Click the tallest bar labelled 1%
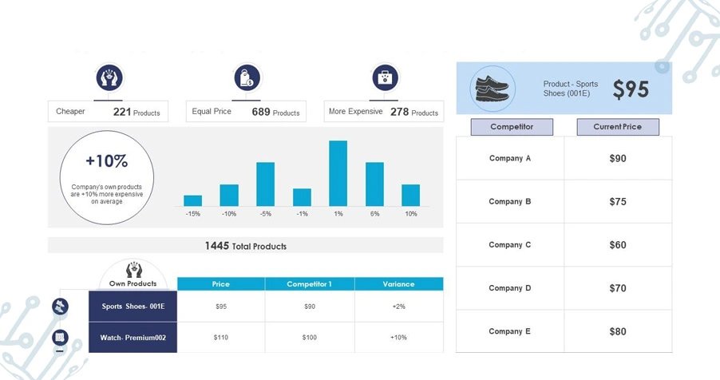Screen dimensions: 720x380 pos(338,173)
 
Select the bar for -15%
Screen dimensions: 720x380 pos(193,200)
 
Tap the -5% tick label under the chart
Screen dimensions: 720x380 pos(265,214)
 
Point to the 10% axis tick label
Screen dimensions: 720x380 pos(411,214)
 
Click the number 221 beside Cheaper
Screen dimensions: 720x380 pos(122,112)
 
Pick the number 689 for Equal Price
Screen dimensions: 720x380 pos(261,112)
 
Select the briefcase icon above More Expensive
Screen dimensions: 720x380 pos(385,77)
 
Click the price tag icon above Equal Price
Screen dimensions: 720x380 pos(247,77)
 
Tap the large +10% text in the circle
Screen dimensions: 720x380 pos(106,160)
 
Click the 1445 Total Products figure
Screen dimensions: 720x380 pos(246,246)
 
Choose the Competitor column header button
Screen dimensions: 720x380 pos(512,127)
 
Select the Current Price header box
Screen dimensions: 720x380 pos(618,127)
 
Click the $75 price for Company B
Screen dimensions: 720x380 pos(618,201)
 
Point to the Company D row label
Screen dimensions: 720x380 pos(510,288)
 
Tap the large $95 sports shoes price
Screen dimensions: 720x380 pos(631,89)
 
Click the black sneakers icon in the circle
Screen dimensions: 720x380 pos(493,89)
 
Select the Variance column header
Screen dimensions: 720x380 pos(398,284)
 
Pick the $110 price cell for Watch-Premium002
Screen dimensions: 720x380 pos(221,337)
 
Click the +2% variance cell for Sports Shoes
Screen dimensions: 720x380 pos(398,307)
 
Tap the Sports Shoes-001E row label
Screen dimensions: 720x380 pos(133,306)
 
